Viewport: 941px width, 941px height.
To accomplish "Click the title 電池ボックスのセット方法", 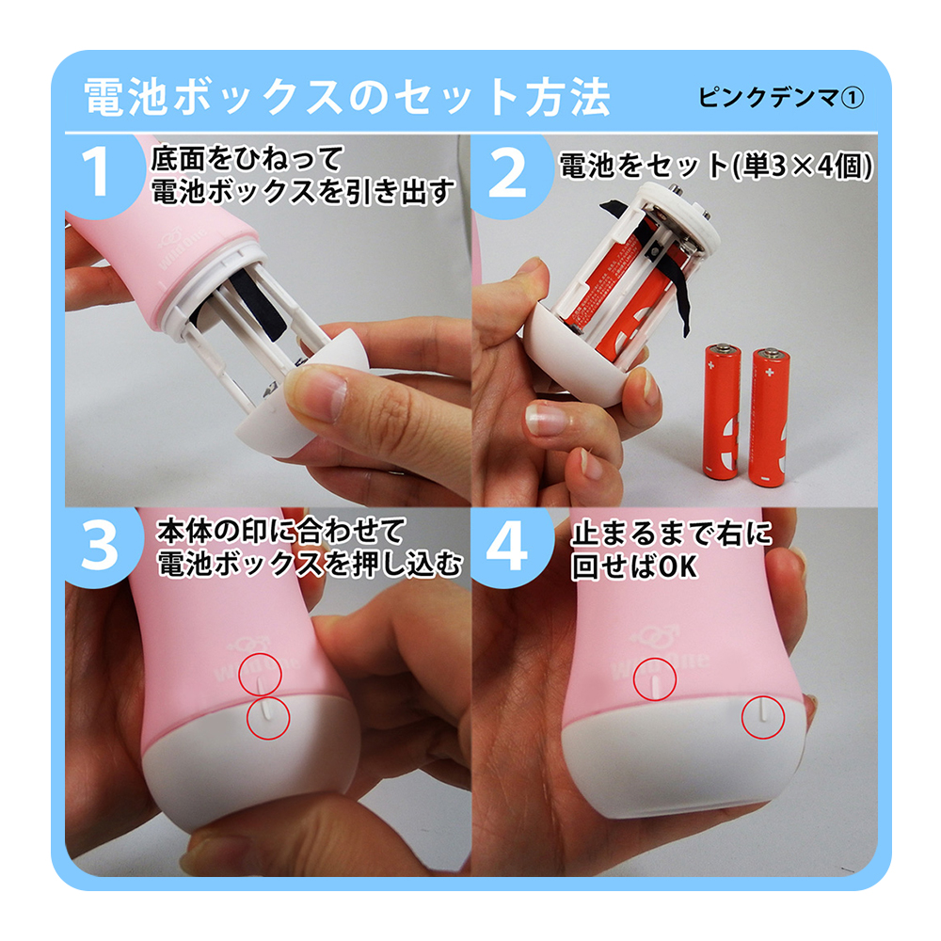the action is [x=347, y=96].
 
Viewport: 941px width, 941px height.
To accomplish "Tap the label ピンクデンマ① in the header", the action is [x=781, y=97].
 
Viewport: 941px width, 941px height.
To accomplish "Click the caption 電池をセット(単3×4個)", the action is [x=716, y=167].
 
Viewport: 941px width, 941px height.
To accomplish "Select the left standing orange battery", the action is [x=722, y=411].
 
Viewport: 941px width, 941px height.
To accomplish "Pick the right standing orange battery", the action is [x=770, y=416].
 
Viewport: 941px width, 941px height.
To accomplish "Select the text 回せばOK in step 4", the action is [x=634, y=566].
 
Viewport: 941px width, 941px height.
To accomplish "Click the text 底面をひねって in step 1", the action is [x=247, y=159].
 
